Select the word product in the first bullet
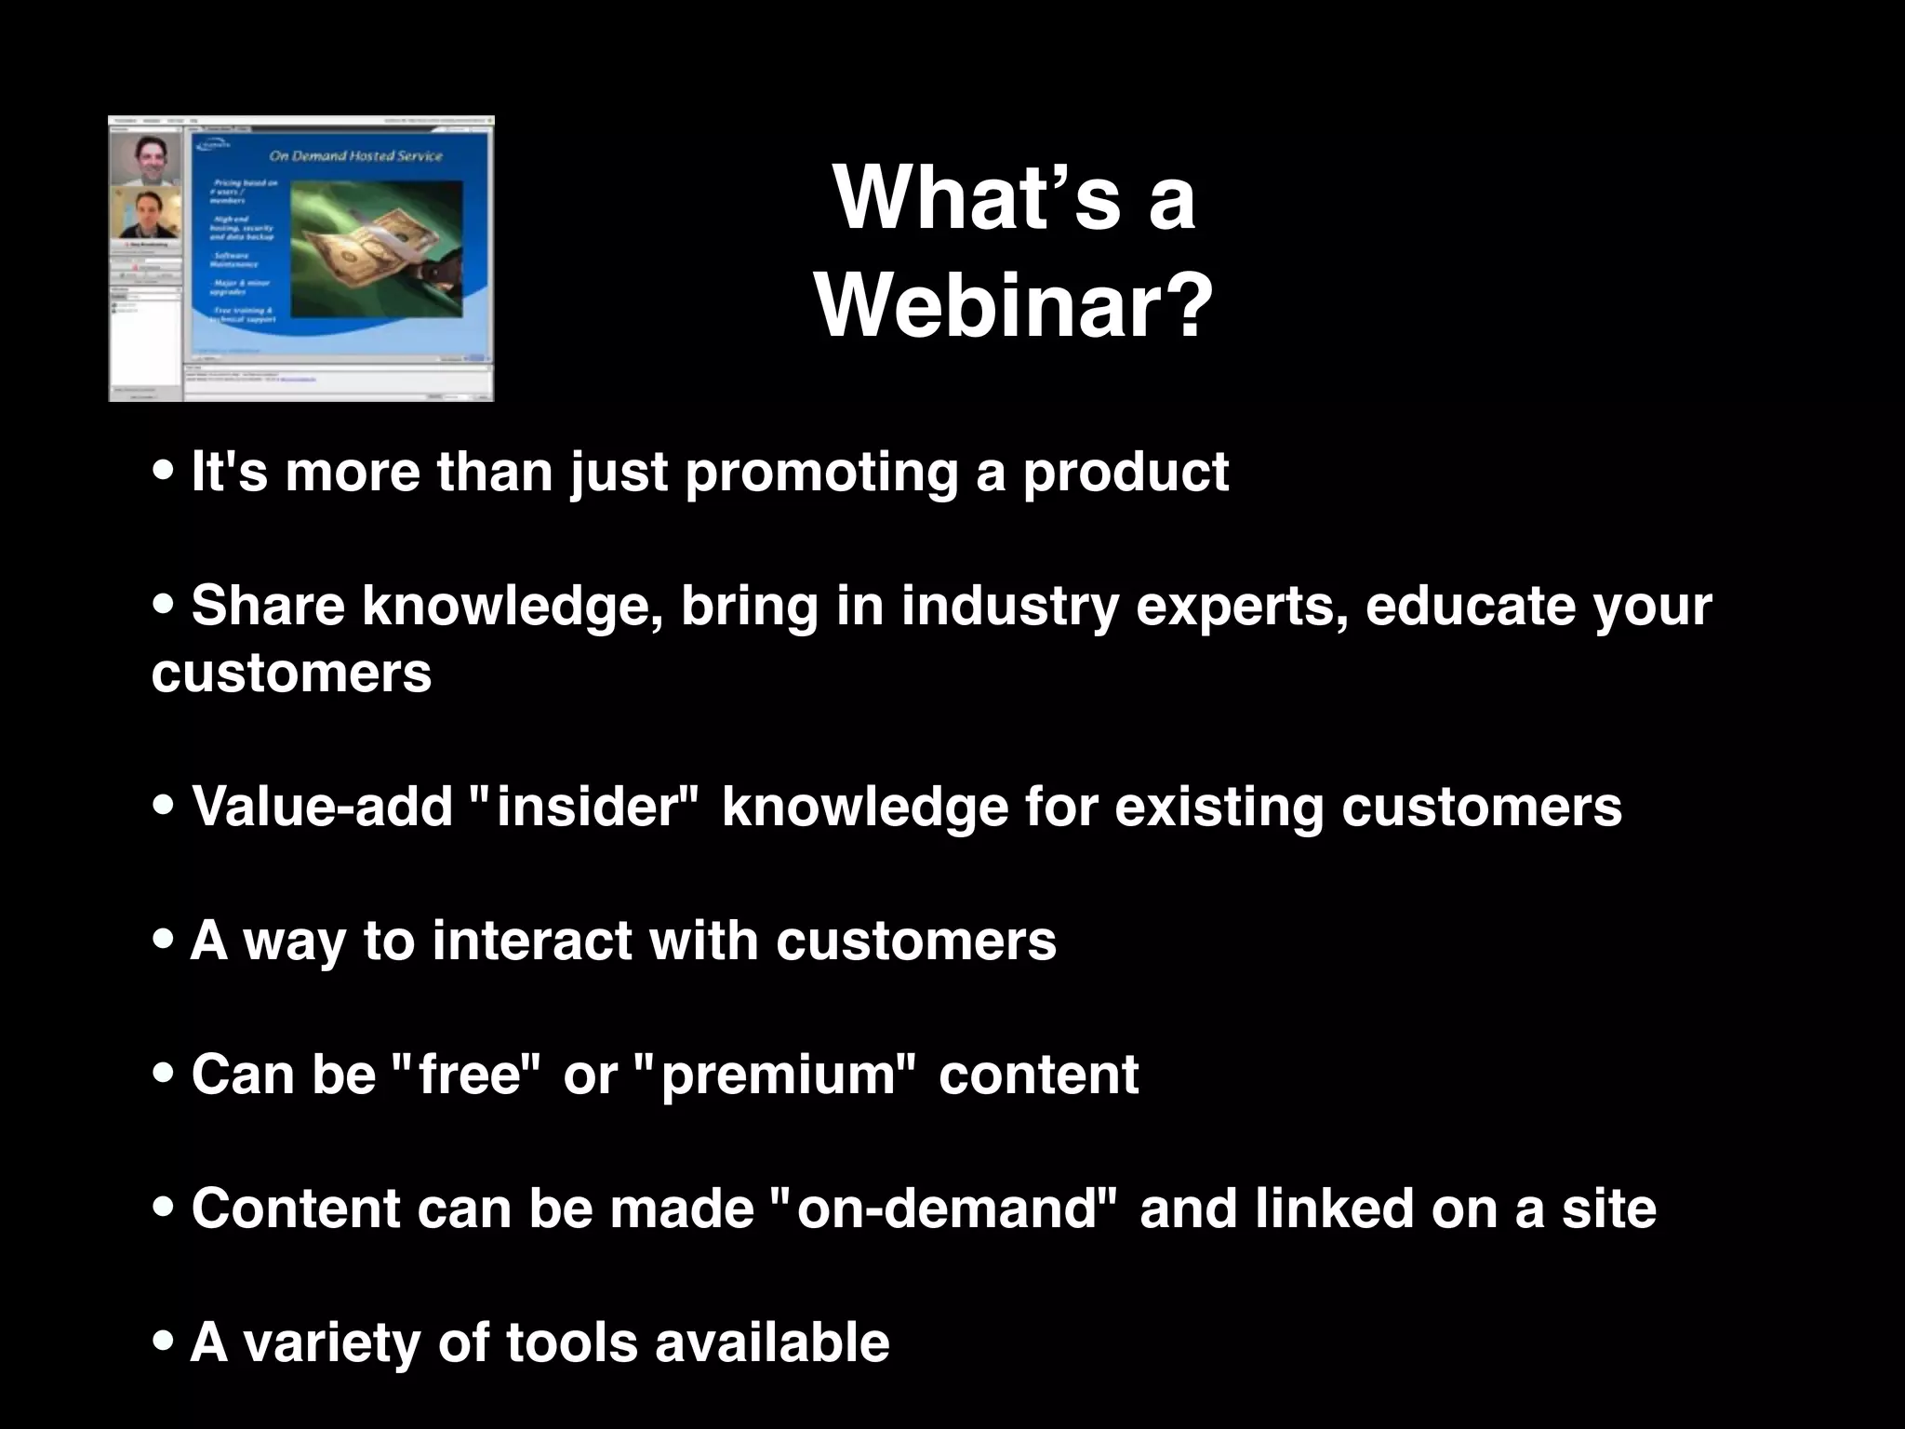click(1126, 473)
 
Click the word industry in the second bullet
click(1008, 607)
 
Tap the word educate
click(1470, 607)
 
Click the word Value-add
click(322, 806)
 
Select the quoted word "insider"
click(584, 806)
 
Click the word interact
click(532, 940)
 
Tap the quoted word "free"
click(467, 1075)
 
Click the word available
click(772, 1342)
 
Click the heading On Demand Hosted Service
click(355, 156)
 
